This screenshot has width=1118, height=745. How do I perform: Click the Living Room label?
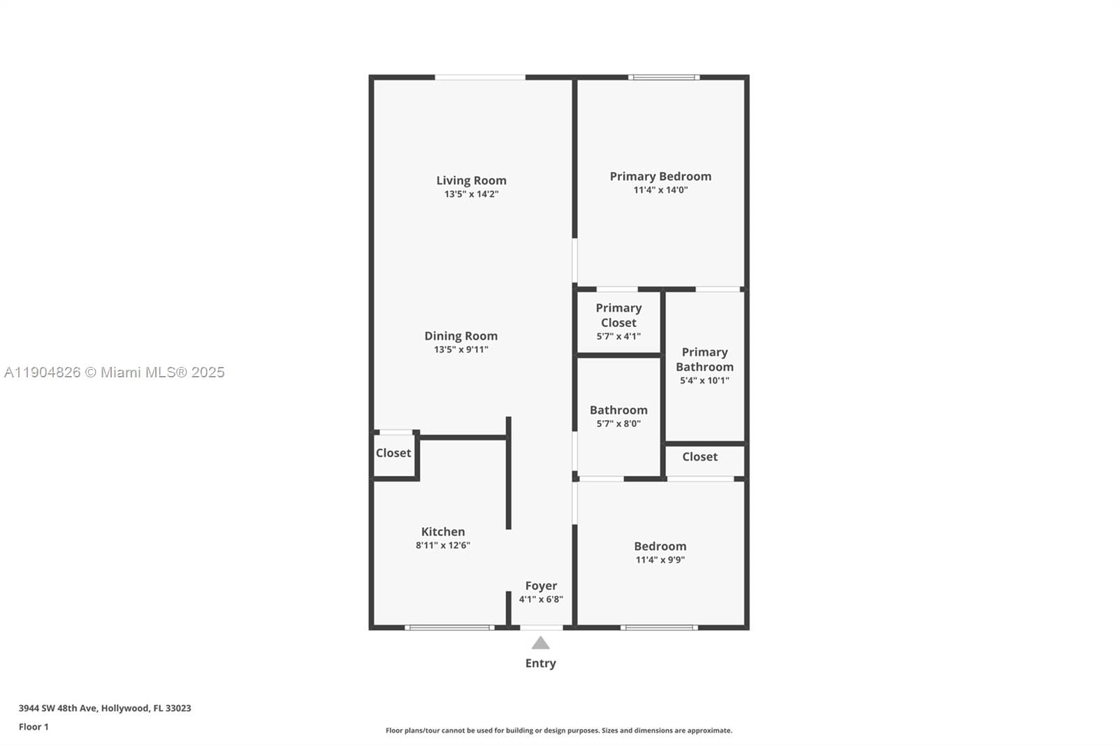point(471,180)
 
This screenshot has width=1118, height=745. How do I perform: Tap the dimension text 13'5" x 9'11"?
point(460,349)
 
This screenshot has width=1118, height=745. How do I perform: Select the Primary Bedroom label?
point(660,176)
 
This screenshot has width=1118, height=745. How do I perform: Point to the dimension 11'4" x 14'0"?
point(660,190)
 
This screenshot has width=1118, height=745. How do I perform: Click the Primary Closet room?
point(618,321)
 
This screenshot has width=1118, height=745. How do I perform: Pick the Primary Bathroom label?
point(704,359)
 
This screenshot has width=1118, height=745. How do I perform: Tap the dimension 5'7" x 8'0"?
point(618,424)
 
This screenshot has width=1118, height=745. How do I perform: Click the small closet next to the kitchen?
point(393,454)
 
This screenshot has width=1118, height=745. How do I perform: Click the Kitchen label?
point(442,532)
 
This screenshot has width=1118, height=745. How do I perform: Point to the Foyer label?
point(541,586)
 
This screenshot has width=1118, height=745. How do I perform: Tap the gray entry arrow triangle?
point(540,643)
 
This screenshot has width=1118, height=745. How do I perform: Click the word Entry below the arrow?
point(540,663)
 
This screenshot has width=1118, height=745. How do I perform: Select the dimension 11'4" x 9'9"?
point(660,560)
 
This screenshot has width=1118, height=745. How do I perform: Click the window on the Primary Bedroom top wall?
point(664,77)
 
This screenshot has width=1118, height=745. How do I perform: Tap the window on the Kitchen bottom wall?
point(449,628)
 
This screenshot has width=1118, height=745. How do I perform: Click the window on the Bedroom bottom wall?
point(659,628)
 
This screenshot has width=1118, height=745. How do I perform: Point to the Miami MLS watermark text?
point(115,372)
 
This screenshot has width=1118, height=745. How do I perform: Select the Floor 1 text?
point(34,727)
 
